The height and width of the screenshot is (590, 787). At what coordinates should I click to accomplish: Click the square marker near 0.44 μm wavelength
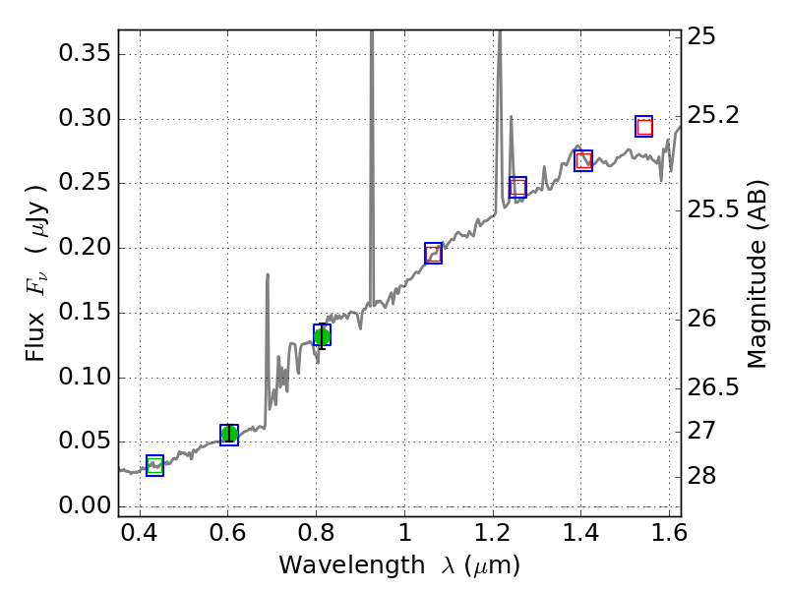[x=154, y=466]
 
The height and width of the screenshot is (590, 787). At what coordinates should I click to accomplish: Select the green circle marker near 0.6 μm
[x=229, y=435]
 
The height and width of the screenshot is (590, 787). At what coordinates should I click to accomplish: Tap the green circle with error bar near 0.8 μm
[x=322, y=336]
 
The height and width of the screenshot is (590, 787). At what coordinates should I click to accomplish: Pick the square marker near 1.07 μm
[x=433, y=253]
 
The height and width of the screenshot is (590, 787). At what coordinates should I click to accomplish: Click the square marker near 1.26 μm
[x=517, y=187]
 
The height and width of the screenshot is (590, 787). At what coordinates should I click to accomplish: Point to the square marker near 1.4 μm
[x=583, y=161]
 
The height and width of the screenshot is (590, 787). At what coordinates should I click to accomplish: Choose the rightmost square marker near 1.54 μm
[x=644, y=126]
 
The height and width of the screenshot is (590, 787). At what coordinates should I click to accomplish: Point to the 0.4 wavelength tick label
[x=140, y=536]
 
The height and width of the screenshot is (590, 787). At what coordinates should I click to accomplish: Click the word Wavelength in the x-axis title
[x=336, y=565]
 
